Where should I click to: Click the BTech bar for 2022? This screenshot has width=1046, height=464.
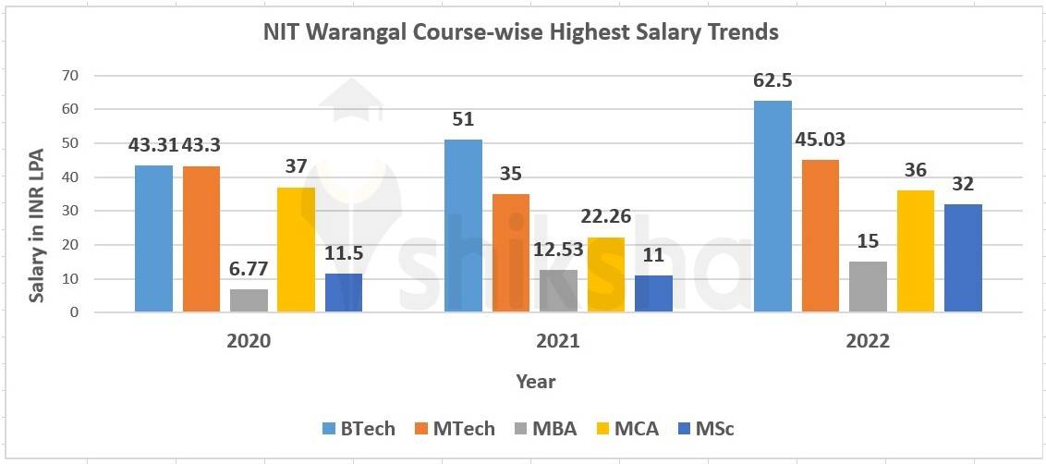(772, 207)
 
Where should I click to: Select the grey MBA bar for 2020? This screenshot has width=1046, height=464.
(249, 300)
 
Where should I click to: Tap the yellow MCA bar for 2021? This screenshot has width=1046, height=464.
(605, 275)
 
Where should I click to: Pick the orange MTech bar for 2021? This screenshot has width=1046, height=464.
(511, 253)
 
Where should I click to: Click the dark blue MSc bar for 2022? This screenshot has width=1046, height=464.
(963, 258)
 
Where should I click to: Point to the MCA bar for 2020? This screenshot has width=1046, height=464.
(296, 250)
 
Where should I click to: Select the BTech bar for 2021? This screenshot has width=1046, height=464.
(463, 226)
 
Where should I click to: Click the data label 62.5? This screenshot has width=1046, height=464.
(772, 80)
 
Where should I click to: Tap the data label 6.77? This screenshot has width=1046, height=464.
(249, 269)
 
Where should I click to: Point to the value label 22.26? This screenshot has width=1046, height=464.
(606, 217)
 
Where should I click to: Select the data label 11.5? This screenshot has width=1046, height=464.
(344, 253)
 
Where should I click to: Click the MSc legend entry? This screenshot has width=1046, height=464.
(708, 428)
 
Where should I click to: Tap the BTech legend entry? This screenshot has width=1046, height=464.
(359, 428)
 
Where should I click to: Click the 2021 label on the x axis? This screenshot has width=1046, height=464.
(558, 341)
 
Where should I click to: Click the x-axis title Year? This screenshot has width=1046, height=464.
(535, 381)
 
